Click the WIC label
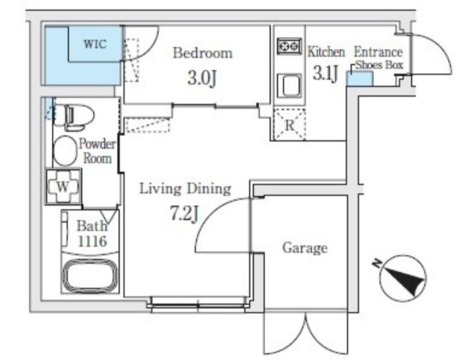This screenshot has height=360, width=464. click(95, 44)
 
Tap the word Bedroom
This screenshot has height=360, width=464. click(202, 53)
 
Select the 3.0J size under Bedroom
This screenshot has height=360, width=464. click(202, 78)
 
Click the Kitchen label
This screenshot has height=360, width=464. click(326, 52)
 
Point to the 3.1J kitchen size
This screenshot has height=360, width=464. click(326, 73)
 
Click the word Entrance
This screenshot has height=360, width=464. click(378, 53)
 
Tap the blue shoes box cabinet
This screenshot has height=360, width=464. click(360, 78)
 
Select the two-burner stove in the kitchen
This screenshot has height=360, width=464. click(289, 46)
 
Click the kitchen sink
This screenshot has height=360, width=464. click(289, 86)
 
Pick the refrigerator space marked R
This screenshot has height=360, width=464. click(289, 125)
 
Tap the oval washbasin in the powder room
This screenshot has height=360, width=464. click(65, 150)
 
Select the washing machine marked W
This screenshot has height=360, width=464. click(64, 186)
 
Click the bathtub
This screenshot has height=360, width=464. click(91, 276)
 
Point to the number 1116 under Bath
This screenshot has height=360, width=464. click(92, 241)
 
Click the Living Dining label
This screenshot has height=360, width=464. click(185, 189)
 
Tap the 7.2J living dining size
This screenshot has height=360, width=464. click(184, 213)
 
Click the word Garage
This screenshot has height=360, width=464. click(305, 248)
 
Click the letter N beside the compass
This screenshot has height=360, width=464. click(376, 263)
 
